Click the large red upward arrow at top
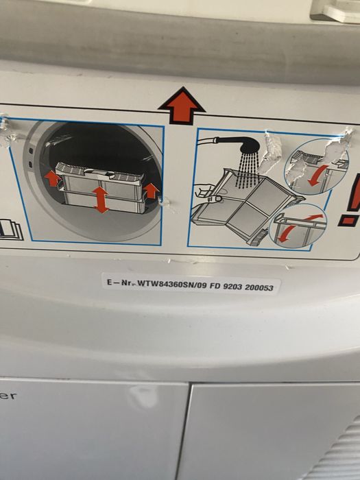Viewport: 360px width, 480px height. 182,106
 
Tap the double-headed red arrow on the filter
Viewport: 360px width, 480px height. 101,200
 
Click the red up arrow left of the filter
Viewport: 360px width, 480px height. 52,178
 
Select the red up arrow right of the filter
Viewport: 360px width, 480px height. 151,191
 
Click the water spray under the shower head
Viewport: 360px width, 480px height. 247,169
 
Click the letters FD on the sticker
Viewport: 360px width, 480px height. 215,286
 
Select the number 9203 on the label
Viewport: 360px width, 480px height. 233,287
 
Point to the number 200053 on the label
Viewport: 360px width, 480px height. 259,287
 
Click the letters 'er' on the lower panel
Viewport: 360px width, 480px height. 8,396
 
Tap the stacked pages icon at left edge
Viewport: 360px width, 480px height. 10,228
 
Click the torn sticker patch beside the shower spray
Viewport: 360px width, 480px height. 271,152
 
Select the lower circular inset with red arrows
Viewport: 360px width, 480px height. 298,226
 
